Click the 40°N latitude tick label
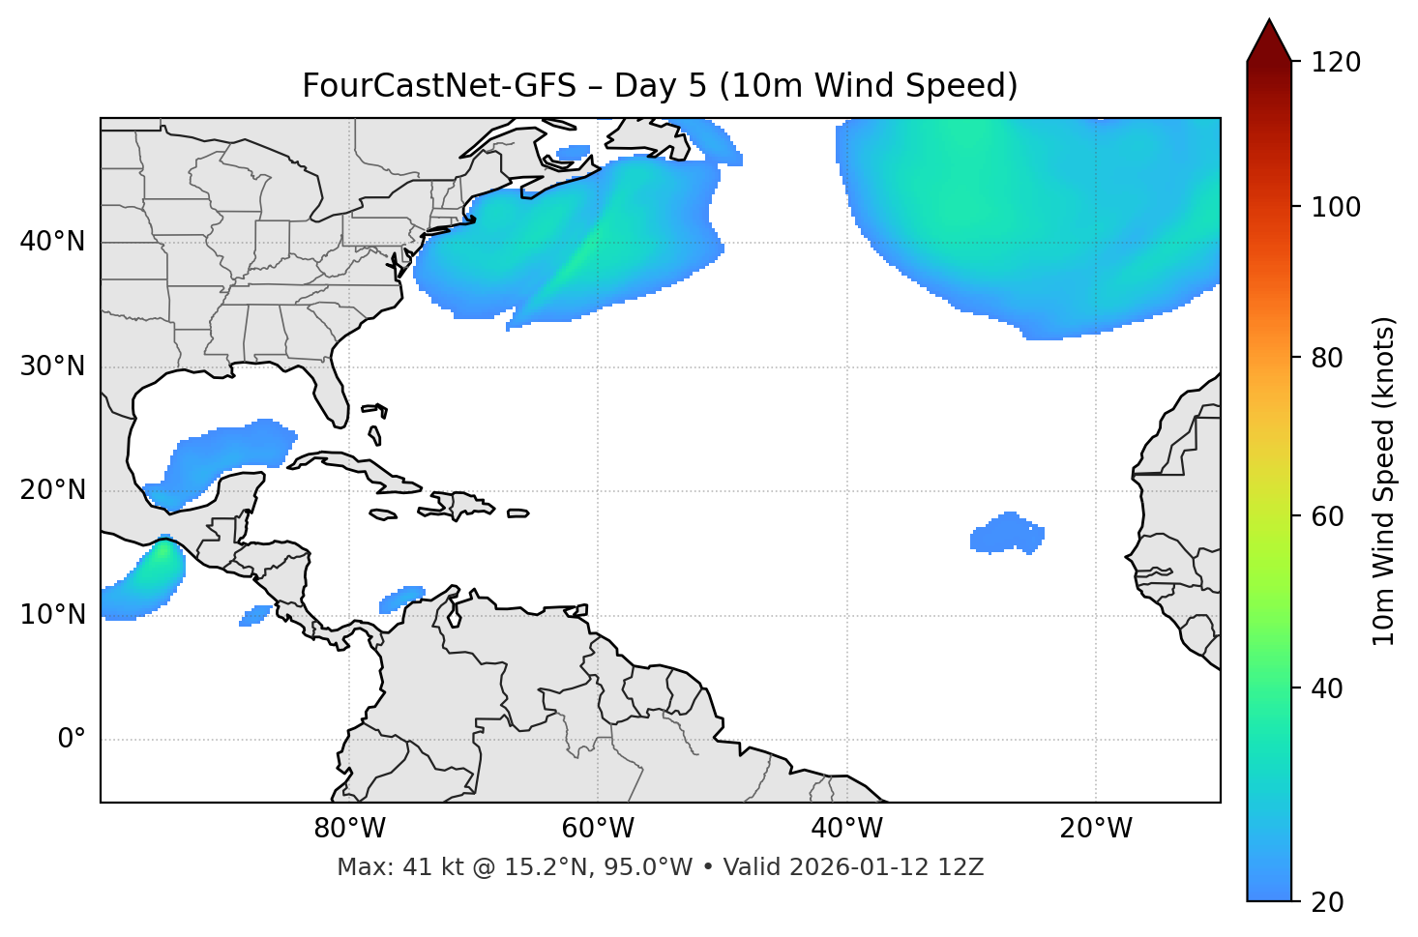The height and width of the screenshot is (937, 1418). pos(52,242)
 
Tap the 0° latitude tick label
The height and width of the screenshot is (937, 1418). pos(71,740)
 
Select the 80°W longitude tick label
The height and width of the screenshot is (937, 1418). pos(349,829)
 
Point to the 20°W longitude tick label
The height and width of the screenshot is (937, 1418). pos(1096,829)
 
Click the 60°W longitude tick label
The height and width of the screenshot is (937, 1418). pos(598,829)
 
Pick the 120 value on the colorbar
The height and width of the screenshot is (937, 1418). pos(1336,63)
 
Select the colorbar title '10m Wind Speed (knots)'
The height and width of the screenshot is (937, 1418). pos(1384,481)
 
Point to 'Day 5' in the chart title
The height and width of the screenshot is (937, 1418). pos(660,86)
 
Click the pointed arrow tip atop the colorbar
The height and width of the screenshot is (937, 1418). pos(1269,23)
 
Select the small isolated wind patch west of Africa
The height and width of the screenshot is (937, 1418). pos(1007,533)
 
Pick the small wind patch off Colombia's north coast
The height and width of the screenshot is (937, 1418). pos(402,598)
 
